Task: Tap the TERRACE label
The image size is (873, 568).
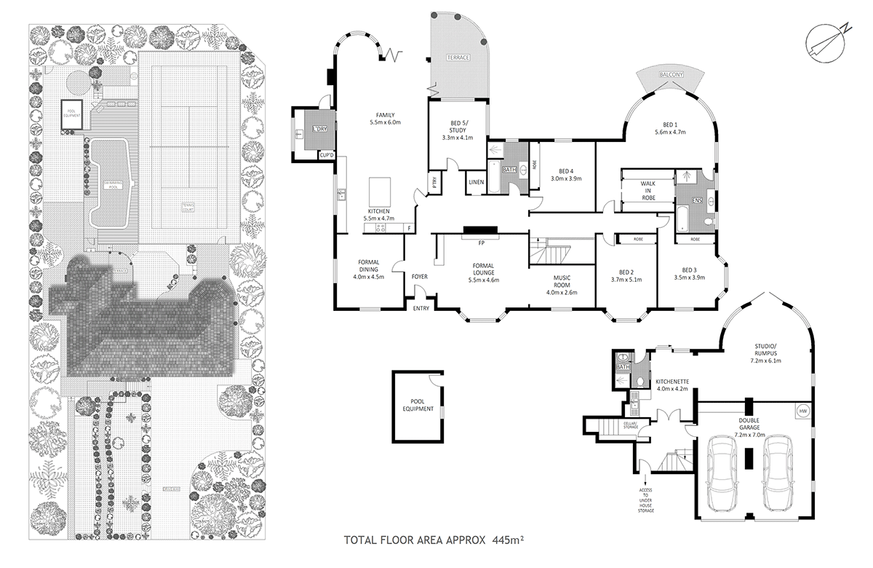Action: tap(458, 57)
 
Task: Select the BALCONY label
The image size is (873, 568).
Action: tap(670, 74)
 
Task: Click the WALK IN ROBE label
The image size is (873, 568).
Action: tap(648, 191)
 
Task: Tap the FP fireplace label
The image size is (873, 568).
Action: tap(481, 242)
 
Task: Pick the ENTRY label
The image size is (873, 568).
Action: tap(421, 308)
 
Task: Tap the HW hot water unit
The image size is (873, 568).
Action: tap(802, 411)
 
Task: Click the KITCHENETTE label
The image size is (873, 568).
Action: tap(672, 384)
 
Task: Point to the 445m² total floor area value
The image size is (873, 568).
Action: tap(509, 541)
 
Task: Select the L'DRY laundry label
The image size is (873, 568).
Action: tap(317, 129)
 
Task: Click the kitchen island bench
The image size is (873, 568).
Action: tap(381, 193)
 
